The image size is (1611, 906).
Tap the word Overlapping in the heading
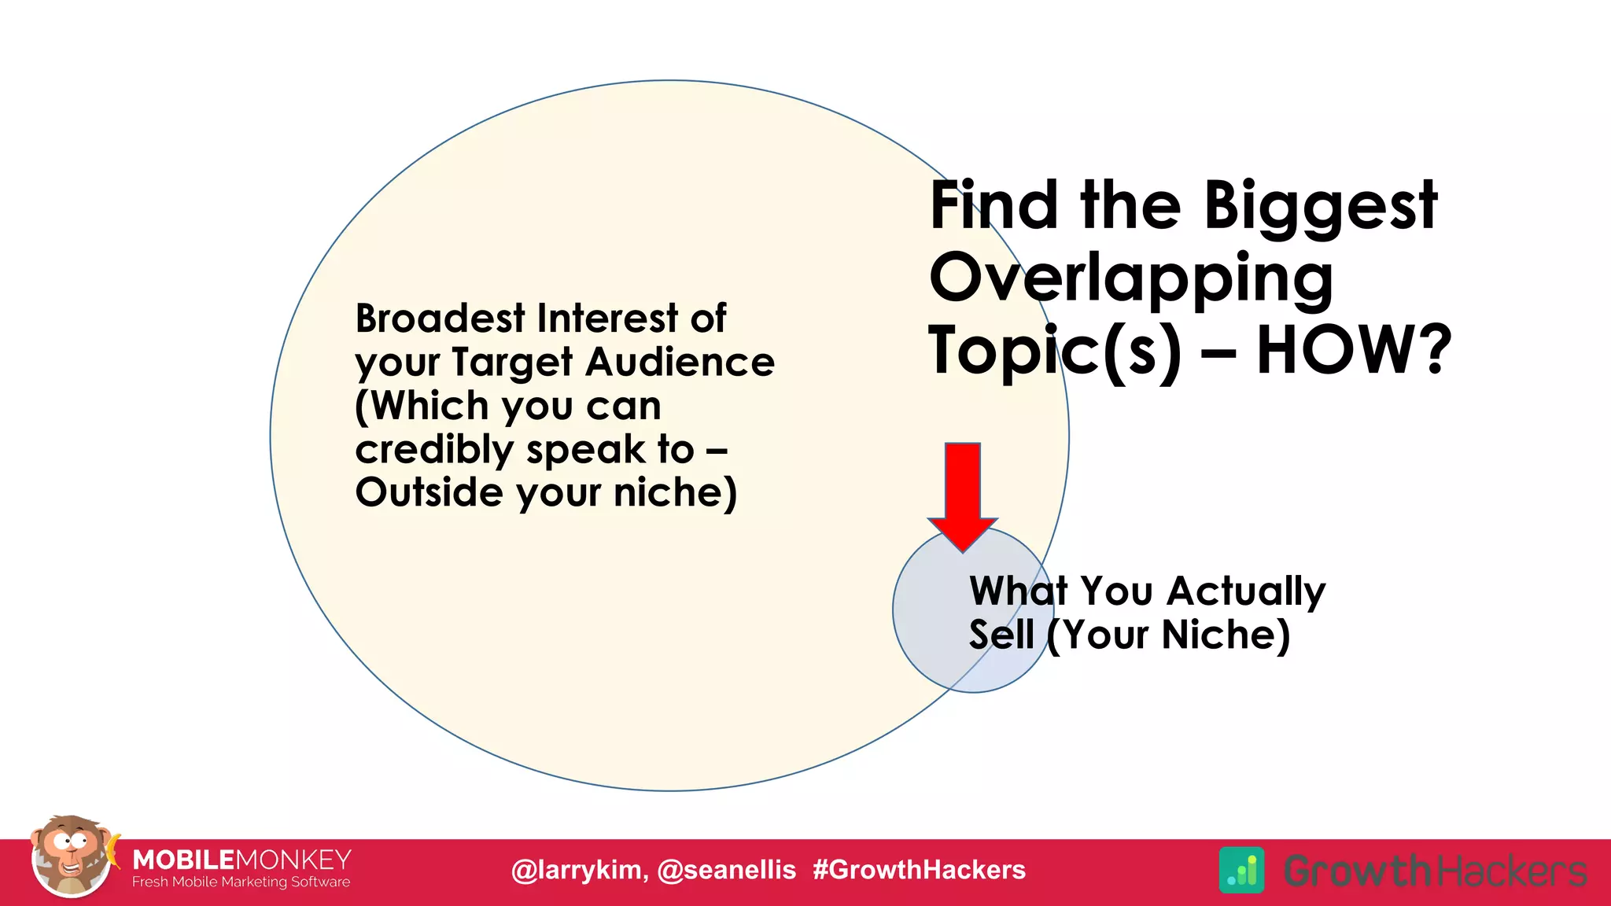1130,279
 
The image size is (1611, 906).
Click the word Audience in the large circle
680,363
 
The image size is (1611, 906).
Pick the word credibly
433,450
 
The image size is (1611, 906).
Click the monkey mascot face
71,857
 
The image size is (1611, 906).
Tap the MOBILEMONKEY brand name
241,859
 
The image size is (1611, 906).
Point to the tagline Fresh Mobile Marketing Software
241,882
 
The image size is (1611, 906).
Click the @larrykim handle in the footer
579,870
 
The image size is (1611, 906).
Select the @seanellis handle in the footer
726,870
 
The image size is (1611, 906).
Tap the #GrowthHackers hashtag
919,870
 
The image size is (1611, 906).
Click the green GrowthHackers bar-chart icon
1241,870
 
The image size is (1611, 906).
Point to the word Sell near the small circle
1001,635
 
